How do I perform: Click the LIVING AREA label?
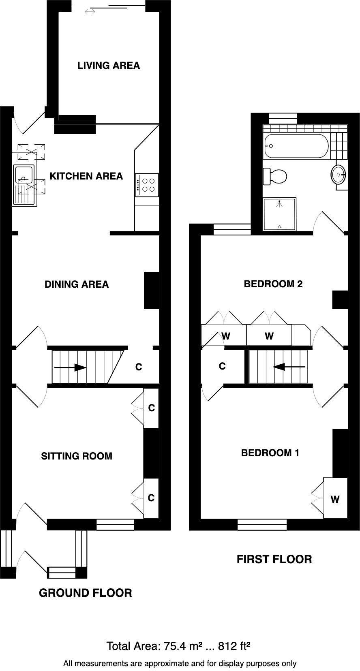[109, 66]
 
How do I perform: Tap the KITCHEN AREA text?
[86, 176]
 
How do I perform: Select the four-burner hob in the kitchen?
[146, 185]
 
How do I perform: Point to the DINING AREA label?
[77, 284]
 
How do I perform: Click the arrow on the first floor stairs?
[288, 367]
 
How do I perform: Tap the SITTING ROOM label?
[77, 456]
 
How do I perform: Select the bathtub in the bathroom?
[296, 146]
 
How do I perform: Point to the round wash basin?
[339, 175]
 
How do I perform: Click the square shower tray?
[280, 214]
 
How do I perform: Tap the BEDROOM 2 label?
[273, 284]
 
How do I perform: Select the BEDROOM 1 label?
[270, 453]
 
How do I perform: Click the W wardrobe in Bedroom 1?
[335, 500]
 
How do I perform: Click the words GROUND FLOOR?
[85, 593]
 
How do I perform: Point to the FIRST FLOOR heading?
[274, 560]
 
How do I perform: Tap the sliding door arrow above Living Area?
[90, 12]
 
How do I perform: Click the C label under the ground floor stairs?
[139, 368]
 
